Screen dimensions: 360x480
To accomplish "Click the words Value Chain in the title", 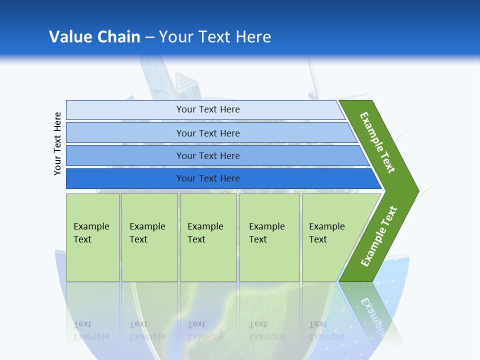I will click(94, 36).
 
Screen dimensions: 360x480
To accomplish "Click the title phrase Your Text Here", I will click(215, 36).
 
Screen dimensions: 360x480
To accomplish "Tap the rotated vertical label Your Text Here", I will click(57, 143).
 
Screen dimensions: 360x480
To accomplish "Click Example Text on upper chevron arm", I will click(377, 142).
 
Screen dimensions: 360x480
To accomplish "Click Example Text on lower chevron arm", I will click(379, 236).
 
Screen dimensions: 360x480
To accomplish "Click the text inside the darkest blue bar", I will click(208, 178).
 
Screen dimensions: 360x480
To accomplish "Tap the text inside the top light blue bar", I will click(208, 109).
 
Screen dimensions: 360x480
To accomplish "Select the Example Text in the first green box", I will click(91, 233).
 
